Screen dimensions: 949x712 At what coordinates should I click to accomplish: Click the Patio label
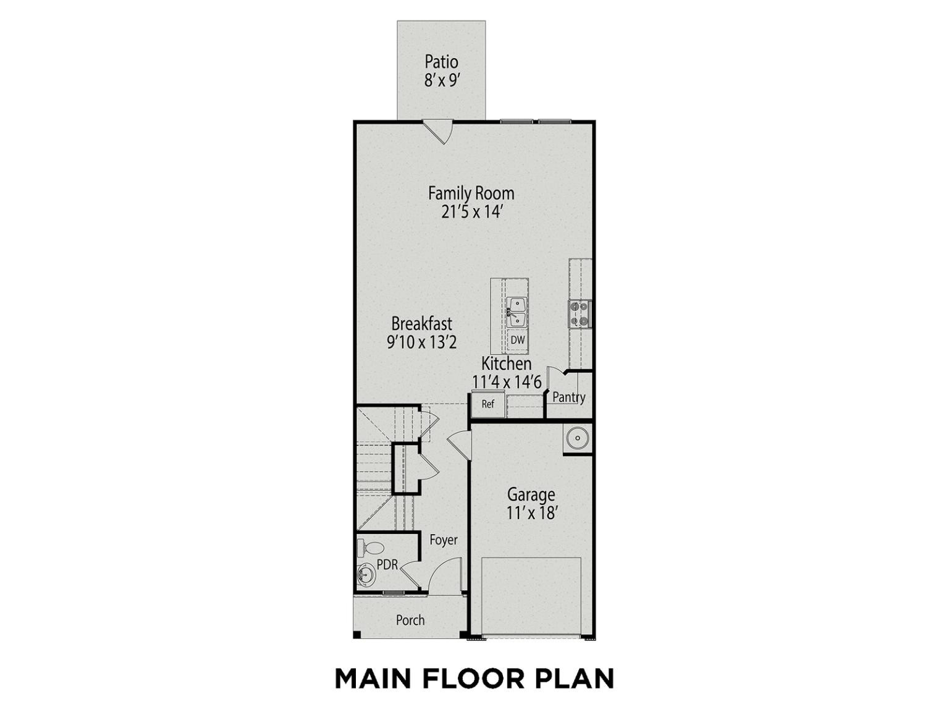point(441,62)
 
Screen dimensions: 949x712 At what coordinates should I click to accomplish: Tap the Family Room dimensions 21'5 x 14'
point(471,213)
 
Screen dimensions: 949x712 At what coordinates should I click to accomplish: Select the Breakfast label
point(421,323)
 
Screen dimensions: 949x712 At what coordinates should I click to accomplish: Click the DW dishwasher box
point(517,340)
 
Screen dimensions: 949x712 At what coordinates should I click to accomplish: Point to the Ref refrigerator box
point(487,404)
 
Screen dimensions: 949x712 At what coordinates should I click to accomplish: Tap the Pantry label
point(568,397)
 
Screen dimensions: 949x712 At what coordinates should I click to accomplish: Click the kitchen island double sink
point(517,312)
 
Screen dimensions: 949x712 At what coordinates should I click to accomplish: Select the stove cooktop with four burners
point(580,313)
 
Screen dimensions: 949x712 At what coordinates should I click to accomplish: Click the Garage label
point(531,494)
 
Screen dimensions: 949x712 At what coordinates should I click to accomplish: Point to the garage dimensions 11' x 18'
point(531,514)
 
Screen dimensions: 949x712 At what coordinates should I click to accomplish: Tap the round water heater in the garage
point(577,439)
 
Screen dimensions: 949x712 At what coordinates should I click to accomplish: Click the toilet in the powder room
point(371,548)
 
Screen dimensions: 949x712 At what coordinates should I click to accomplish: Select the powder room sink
point(366,575)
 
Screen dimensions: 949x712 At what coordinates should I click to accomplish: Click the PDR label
point(387,564)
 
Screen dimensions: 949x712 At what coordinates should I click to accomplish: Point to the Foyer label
point(443,540)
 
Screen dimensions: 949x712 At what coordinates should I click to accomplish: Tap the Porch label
point(410,621)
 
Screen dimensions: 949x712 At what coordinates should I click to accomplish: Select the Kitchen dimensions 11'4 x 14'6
point(507,382)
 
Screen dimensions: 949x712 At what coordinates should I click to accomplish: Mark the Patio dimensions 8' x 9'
point(441,80)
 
